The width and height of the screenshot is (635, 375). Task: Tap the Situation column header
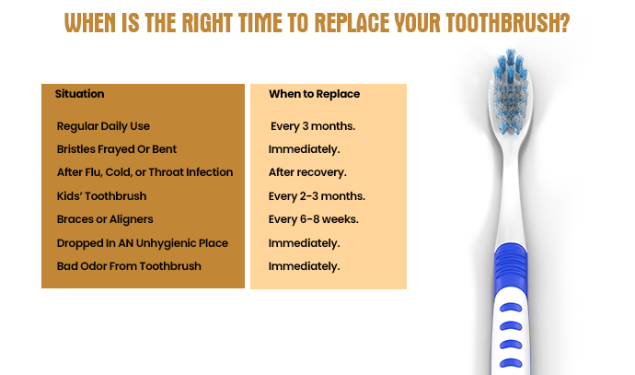point(79,94)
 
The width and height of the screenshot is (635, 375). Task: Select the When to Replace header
point(314,94)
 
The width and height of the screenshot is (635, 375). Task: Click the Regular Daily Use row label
point(103,125)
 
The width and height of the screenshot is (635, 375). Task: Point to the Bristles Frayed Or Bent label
point(116,149)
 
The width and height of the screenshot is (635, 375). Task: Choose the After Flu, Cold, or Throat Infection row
point(144,172)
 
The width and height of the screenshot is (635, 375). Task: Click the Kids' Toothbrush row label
point(101,196)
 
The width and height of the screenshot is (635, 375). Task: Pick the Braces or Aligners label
point(104,219)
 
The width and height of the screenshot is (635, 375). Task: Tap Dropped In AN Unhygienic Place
point(142,243)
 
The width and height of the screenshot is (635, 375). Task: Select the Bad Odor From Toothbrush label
point(129,266)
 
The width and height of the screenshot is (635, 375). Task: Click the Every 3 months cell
point(313,125)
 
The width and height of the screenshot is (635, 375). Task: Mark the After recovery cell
point(307,172)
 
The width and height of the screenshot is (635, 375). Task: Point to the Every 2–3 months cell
point(317,196)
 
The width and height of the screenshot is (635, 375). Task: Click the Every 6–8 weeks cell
point(314,219)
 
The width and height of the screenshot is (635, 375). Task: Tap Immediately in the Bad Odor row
point(304,266)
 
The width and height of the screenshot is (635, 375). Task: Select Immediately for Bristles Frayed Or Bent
point(304,149)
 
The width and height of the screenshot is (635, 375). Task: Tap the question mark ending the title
point(563,24)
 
